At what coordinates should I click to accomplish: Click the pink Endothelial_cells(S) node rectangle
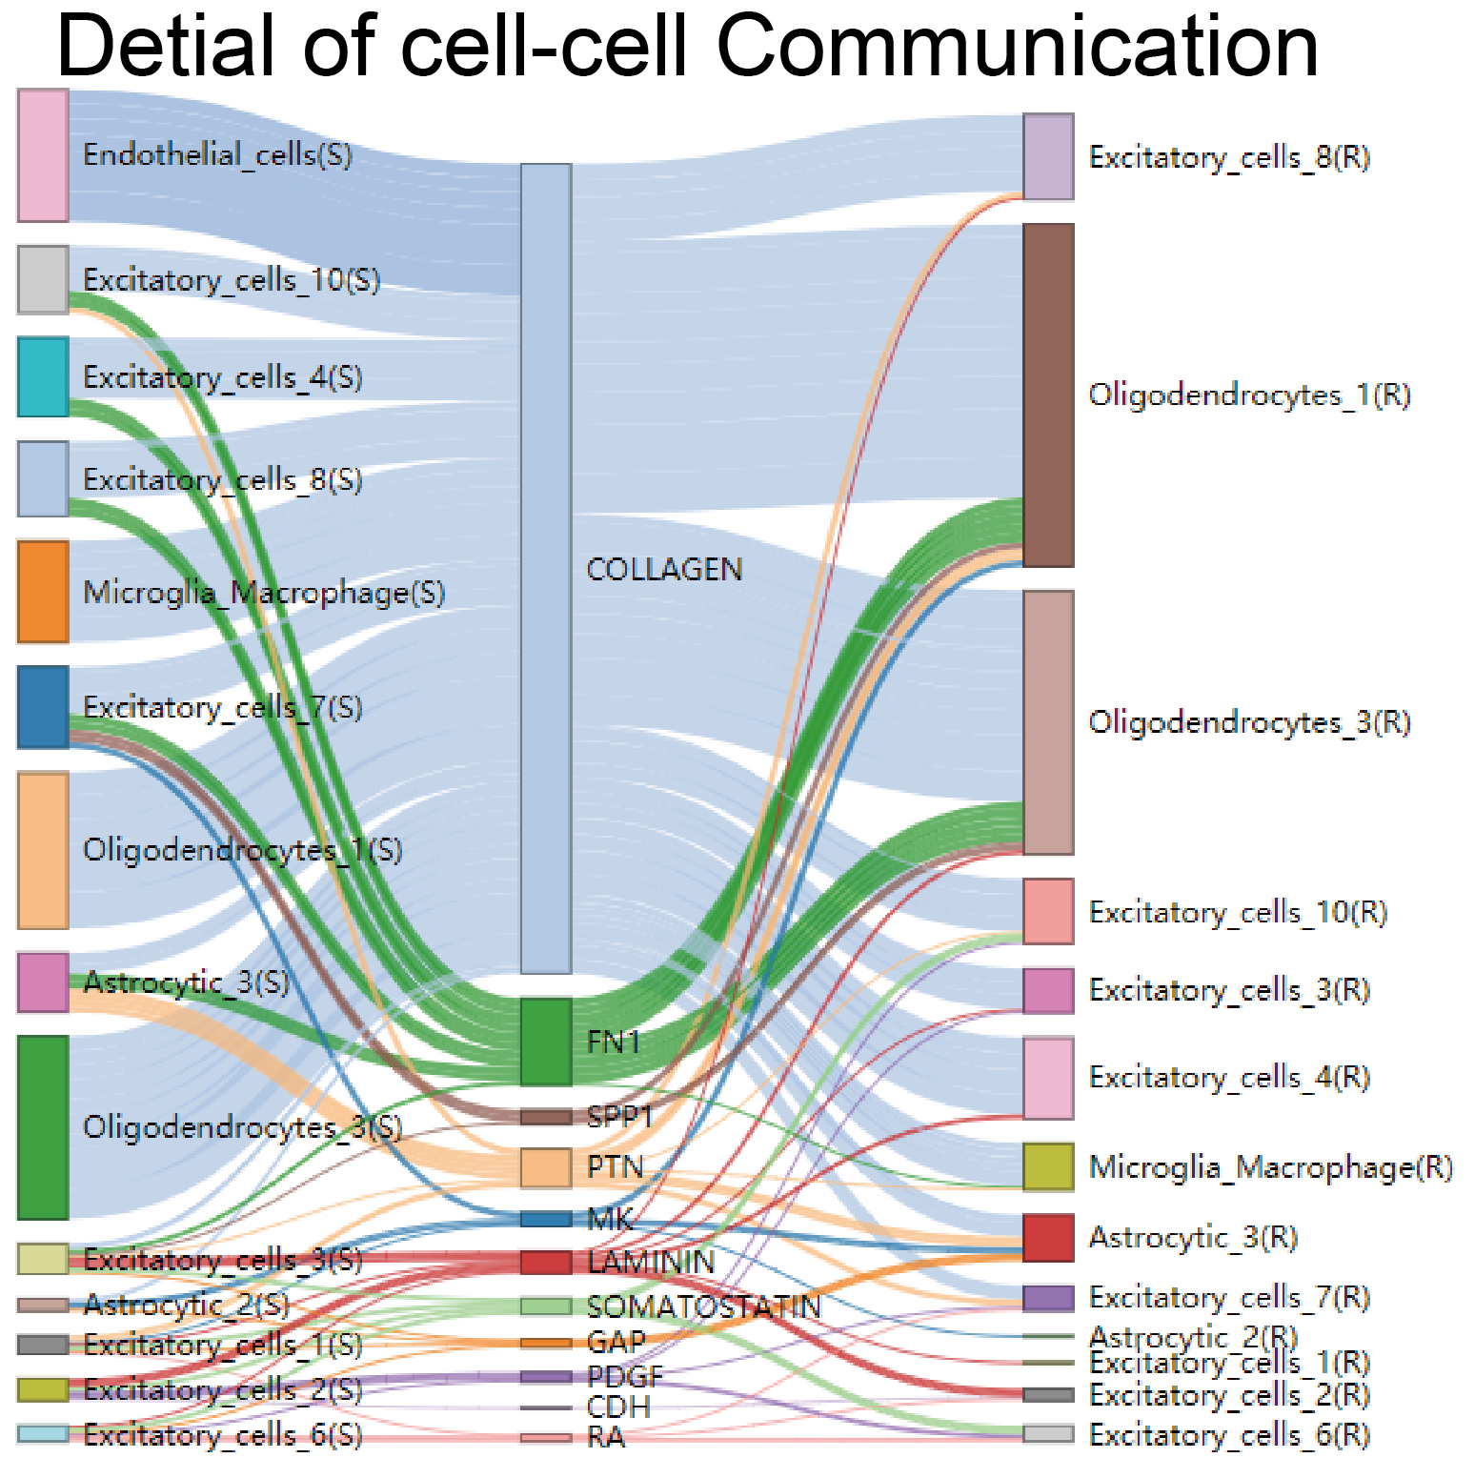click(43, 155)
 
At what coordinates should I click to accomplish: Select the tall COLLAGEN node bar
click(546, 568)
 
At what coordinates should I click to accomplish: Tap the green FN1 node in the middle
click(546, 1042)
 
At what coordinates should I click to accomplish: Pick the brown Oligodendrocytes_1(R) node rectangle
click(1048, 395)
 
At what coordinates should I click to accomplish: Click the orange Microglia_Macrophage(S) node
click(43, 592)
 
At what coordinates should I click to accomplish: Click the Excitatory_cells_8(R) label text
click(1228, 157)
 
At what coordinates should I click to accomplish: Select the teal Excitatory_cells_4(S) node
click(43, 376)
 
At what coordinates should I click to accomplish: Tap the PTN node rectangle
click(546, 1167)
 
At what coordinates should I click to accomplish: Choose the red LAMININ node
click(546, 1262)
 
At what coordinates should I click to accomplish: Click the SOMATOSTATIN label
click(703, 1306)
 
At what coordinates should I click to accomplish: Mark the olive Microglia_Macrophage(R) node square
click(1048, 1166)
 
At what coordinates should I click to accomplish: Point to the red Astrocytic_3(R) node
click(1048, 1237)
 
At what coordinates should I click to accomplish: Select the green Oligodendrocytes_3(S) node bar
click(43, 1127)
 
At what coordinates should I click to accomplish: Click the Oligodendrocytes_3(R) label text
click(1248, 722)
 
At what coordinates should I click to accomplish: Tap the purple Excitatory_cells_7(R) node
click(1048, 1298)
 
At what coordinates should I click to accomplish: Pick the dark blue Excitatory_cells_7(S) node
click(43, 706)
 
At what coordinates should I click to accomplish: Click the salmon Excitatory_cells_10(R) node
click(1048, 911)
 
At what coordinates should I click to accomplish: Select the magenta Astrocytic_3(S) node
click(43, 982)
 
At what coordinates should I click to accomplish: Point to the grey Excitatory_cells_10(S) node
click(43, 279)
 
